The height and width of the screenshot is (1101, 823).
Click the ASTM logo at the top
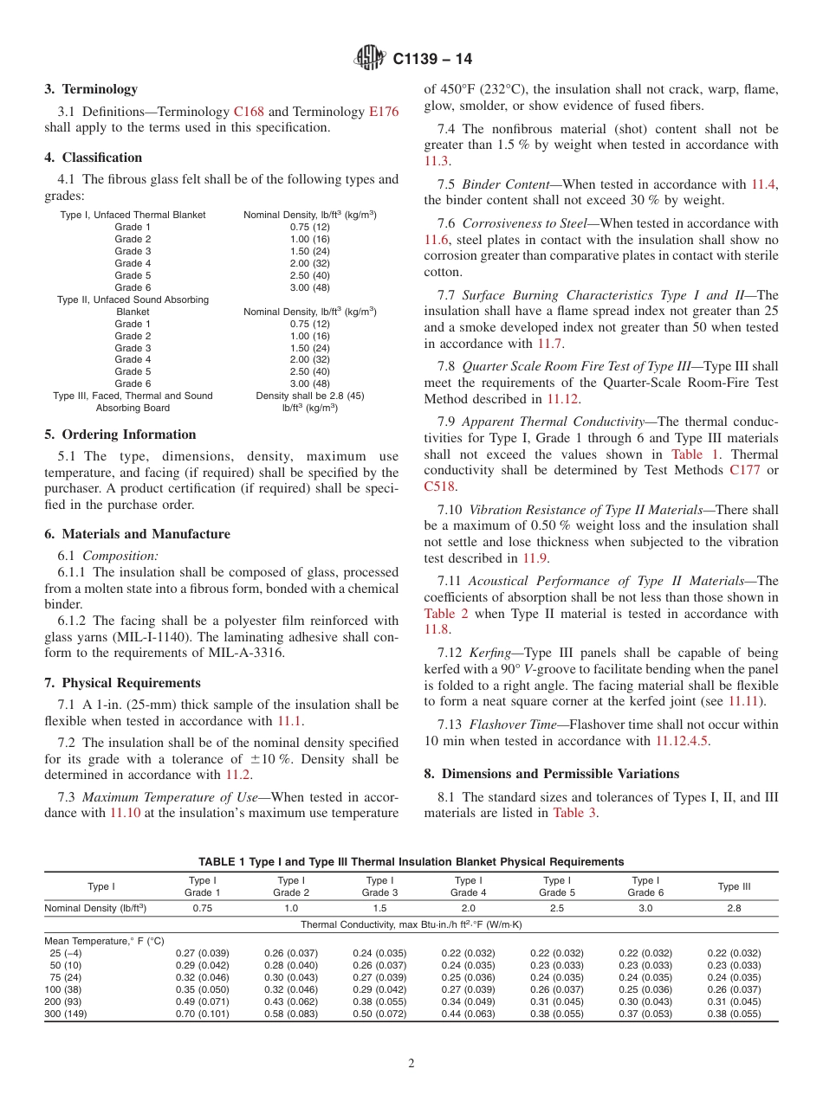370,59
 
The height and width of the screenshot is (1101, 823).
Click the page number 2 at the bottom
411,1063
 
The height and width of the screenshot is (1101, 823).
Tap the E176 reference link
384,112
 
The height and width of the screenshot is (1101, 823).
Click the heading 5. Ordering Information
120,435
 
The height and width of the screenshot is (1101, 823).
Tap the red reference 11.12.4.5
682,741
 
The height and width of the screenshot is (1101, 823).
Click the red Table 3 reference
574,813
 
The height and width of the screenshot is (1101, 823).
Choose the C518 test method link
440,486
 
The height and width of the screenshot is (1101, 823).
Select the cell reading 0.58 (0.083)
291,1014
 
